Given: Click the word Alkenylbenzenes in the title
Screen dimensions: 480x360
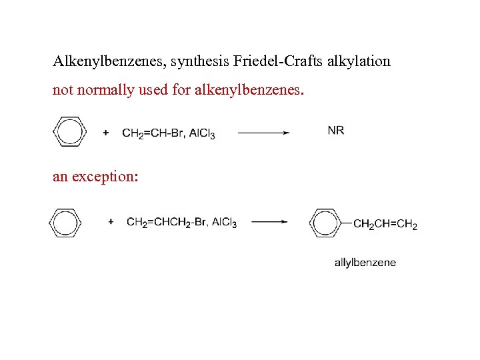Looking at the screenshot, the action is coord(109,62).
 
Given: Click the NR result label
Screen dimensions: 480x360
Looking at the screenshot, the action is coord(336,131).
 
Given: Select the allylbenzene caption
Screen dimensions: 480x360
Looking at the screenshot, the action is coord(365,263).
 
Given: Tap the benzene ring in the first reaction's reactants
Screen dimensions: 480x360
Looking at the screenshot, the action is coord(69,131).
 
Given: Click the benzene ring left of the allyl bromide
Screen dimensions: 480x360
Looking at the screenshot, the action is coord(65,223).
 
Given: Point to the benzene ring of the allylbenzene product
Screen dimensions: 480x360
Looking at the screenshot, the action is coord(325,223).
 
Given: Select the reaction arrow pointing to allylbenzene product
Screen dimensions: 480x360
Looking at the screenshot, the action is coord(269,222).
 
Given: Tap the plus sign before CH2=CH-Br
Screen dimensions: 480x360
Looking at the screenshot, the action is coord(105,133).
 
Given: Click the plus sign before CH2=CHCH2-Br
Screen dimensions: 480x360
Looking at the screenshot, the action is coord(111,222).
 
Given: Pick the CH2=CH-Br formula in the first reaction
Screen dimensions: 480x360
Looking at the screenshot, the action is coord(153,133).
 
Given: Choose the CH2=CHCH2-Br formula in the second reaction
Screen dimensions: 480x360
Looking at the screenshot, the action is coord(167,223).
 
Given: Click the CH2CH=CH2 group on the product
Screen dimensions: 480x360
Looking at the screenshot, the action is coord(385,224).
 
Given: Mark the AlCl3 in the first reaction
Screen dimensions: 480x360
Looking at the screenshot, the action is coord(202,133).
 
